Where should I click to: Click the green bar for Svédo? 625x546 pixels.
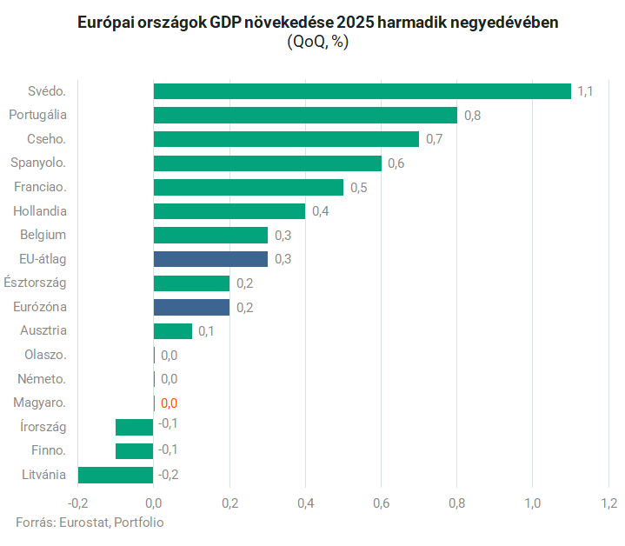click(362, 91)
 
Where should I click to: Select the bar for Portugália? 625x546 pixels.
click(305, 115)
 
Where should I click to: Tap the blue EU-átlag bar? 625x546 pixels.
click(210, 258)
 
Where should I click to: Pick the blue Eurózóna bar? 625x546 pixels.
click(191, 306)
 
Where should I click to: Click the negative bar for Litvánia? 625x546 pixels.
click(116, 474)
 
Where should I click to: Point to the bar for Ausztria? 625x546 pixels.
click(172, 330)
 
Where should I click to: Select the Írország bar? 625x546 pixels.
click(135, 426)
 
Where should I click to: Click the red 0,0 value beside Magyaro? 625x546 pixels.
click(169, 403)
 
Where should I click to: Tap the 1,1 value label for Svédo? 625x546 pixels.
click(585, 91)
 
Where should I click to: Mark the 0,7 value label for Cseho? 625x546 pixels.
click(435, 139)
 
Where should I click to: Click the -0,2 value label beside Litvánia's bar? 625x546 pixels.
click(169, 474)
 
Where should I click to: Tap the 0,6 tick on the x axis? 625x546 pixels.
click(381, 503)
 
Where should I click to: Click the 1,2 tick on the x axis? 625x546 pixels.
click(608, 503)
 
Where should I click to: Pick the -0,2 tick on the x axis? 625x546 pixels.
click(77, 503)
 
